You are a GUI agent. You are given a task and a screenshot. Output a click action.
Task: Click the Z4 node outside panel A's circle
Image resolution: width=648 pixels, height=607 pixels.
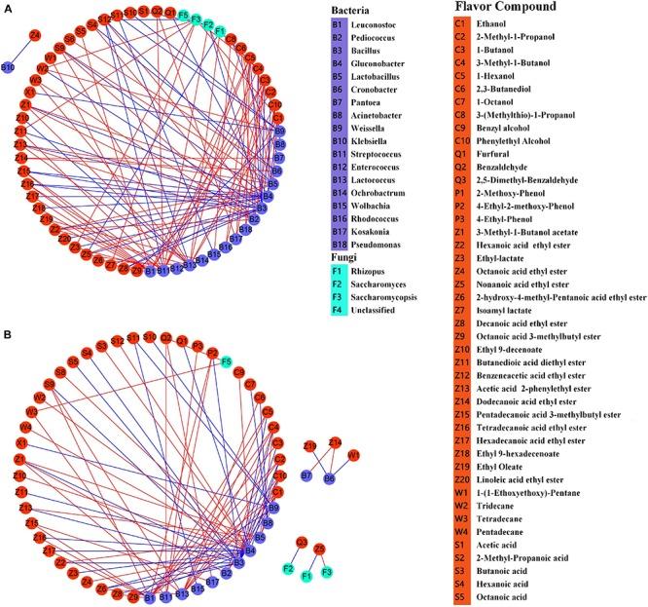(x=35, y=36)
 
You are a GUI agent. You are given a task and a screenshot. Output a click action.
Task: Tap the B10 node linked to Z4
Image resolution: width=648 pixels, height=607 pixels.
(x=8, y=67)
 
